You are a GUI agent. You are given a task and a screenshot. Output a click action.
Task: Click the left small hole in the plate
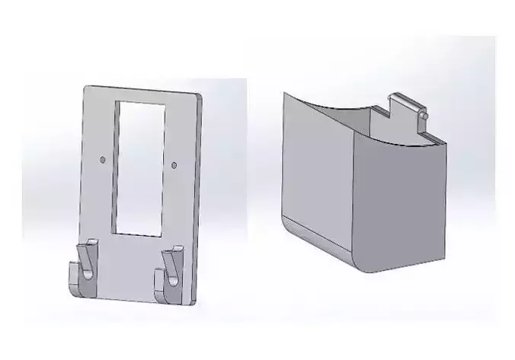click(103, 160)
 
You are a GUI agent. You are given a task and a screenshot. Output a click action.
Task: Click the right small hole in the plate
click(174, 164)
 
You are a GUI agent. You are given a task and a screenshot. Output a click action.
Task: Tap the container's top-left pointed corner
click(284, 94)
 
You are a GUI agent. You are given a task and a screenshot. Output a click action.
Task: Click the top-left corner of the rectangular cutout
click(116, 103)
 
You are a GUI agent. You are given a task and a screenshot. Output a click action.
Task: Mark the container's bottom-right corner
click(443, 258)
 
